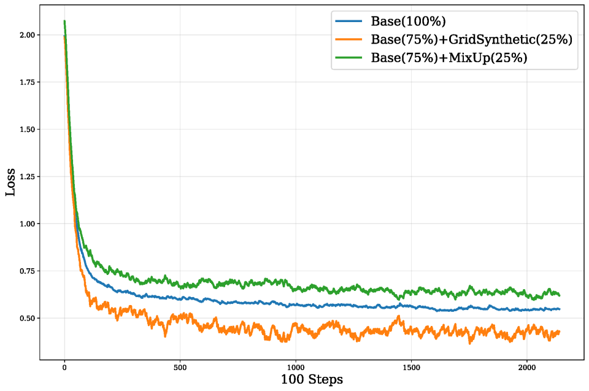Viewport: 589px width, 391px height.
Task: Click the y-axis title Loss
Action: coord(10,182)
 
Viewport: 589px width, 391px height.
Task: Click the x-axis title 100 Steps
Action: coord(312,379)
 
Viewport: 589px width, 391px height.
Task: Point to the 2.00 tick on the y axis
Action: coord(27,35)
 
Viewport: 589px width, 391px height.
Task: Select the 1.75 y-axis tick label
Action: coord(27,82)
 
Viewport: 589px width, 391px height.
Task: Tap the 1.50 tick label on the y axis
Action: coord(27,130)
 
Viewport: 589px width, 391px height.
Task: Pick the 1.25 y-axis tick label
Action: coord(27,176)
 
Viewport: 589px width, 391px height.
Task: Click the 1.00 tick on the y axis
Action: coord(27,223)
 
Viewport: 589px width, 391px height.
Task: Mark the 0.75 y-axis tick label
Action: coord(27,271)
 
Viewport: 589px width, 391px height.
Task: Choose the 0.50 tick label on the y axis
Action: coord(27,318)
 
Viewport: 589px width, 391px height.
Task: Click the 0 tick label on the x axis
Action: coord(64,367)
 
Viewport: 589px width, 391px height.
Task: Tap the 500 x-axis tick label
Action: coord(180,367)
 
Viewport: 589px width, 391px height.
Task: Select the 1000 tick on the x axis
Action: coord(296,367)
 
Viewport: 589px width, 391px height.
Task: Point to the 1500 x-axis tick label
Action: coord(411,367)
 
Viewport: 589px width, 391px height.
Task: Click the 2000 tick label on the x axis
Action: coord(527,367)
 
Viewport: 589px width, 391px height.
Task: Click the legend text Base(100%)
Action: coord(409,21)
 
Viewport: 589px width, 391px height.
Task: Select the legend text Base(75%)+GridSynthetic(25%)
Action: coord(472,39)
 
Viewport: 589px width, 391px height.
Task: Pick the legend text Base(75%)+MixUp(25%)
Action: coord(449,58)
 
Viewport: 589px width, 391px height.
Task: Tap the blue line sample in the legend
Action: coord(349,21)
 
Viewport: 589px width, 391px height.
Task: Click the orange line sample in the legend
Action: coord(349,39)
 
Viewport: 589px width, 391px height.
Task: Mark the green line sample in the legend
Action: coord(349,58)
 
